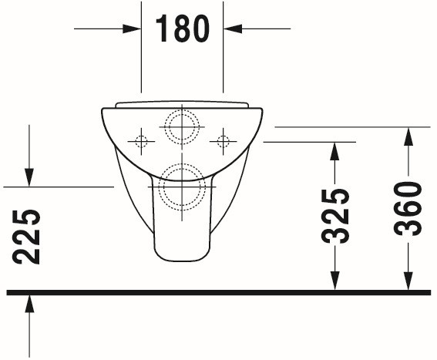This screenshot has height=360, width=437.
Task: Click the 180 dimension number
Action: (182, 29)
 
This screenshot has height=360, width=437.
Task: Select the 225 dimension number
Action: (26, 237)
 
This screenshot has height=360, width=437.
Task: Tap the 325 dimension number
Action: (335, 216)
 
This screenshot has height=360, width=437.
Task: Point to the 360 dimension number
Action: (408, 209)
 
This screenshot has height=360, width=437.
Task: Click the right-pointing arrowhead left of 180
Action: (131, 29)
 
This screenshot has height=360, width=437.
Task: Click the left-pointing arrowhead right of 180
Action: (233, 29)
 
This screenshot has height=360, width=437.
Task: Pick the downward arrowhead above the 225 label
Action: (29, 177)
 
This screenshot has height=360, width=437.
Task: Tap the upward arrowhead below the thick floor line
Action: (29, 304)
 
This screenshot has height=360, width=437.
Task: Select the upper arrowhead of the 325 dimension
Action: (334, 151)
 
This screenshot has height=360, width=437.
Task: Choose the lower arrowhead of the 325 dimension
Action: (334, 281)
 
